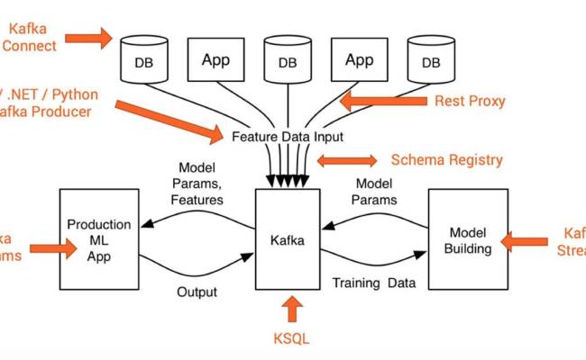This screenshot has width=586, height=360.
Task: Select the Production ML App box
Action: tap(98, 239)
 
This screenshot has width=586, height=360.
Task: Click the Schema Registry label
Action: tap(446, 160)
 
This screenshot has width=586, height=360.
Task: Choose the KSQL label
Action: tap(291, 340)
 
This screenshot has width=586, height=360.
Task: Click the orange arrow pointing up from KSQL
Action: tap(292, 310)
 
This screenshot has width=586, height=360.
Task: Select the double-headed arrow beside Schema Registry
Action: tap(346, 160)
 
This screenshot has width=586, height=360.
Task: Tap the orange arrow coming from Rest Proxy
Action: tap(383, 100)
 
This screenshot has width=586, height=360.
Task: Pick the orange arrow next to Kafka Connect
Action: tap(90, 38)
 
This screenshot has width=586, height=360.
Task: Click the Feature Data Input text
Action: tap(287, 137)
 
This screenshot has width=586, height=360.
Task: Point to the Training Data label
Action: tap(374, 283)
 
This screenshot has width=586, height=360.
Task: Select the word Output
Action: tap(196, 292)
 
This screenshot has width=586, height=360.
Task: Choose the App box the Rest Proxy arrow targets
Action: tap(359, 61)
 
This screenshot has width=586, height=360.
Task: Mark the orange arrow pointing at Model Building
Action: tap(524, 240)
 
